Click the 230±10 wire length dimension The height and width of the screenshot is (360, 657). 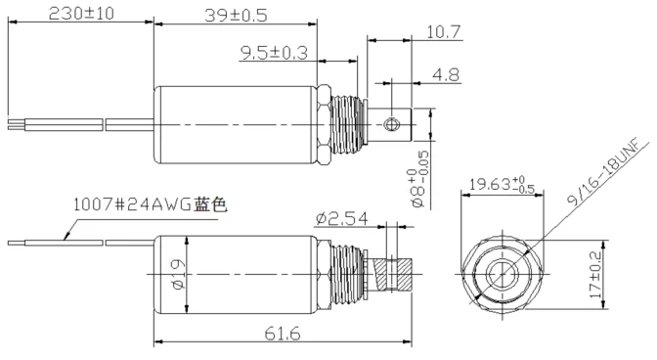click(81, 14)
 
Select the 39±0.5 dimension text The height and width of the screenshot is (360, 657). click(236, 16)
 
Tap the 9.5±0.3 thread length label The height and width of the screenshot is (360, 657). click(274, 53)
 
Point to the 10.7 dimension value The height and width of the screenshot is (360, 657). click(443, 32)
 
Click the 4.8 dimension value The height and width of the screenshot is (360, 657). click(446, 75)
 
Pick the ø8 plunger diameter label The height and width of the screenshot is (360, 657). click(419, 179)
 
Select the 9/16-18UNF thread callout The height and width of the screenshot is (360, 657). click(607, 171)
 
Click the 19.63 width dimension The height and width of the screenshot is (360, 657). click(502, 184)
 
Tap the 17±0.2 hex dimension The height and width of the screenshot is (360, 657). click(595, 275)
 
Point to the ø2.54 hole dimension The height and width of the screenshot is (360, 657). click(342, 218)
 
